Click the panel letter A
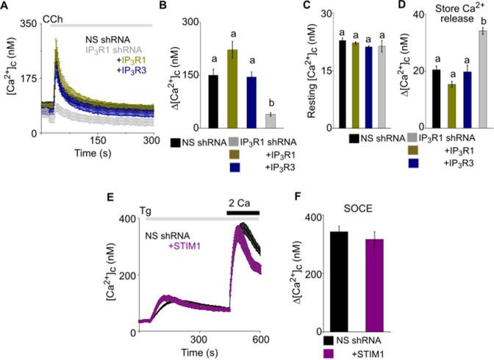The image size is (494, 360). (x=6, y=7)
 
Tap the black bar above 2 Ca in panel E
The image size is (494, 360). (x=242, y=212)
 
